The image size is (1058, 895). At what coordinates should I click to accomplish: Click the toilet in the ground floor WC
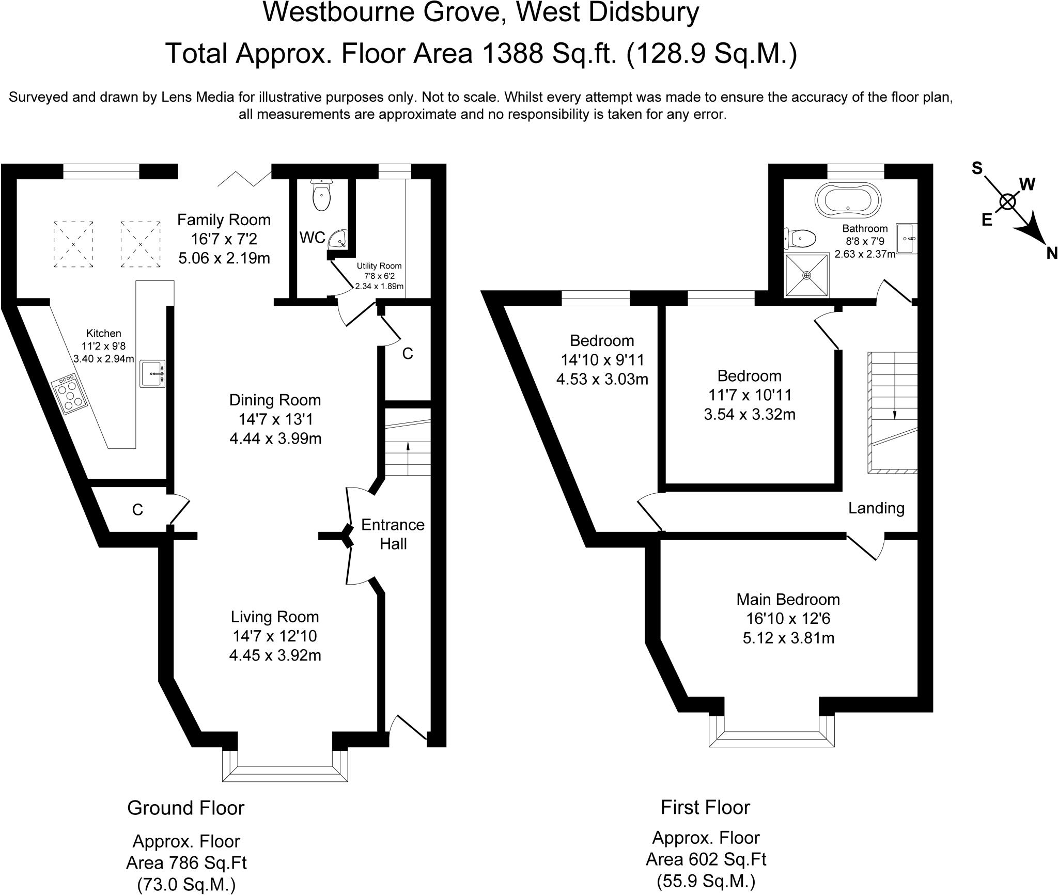(x=321, y=196)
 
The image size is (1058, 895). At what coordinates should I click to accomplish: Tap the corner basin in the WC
(x=338, y=239)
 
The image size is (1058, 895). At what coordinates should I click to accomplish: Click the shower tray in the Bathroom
(x=807, y=275)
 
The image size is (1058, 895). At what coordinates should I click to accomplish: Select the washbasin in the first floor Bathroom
(x=907, y=239)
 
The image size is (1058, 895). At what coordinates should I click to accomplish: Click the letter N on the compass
(x=1052, y=254)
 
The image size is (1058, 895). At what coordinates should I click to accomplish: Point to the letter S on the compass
(x=977, y=168)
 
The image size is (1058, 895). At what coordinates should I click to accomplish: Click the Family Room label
(x=224, y=220)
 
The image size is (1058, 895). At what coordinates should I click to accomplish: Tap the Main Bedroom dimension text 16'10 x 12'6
(x=788, y=619)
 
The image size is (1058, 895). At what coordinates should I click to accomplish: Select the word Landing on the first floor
(x=876, y=508)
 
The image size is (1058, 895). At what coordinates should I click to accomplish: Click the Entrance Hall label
(x=393, y=534)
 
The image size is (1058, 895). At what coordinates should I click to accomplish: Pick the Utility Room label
(x=379, y=266)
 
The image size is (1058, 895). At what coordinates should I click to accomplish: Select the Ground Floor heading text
(x=185, y=808)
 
